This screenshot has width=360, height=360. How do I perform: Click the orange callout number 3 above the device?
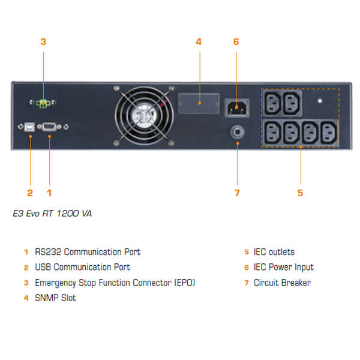tap(43, 42)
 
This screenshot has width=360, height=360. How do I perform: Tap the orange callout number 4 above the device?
tap(199, 42)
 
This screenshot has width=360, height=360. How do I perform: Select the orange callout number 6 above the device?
tap(236, 42)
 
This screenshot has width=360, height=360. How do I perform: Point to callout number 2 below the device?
tap(30, 193)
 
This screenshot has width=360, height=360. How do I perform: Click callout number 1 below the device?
tap(49, 193)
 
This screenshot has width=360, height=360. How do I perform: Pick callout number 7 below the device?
tap(237, 193)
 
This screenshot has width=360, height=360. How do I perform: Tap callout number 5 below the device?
tap(300, 193)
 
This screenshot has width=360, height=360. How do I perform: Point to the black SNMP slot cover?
tap(199, 103)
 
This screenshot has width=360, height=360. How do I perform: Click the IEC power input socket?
tap(236, 109)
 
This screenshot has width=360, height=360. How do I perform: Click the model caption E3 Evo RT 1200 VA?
tap(52, 213)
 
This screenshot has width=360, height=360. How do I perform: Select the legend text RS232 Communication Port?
tap(88, 252)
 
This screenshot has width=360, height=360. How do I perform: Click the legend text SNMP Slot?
tap(55, 298)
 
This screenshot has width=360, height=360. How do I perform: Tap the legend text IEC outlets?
tap(274, 252)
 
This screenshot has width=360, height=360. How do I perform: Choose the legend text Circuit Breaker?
tap(282, 283)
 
